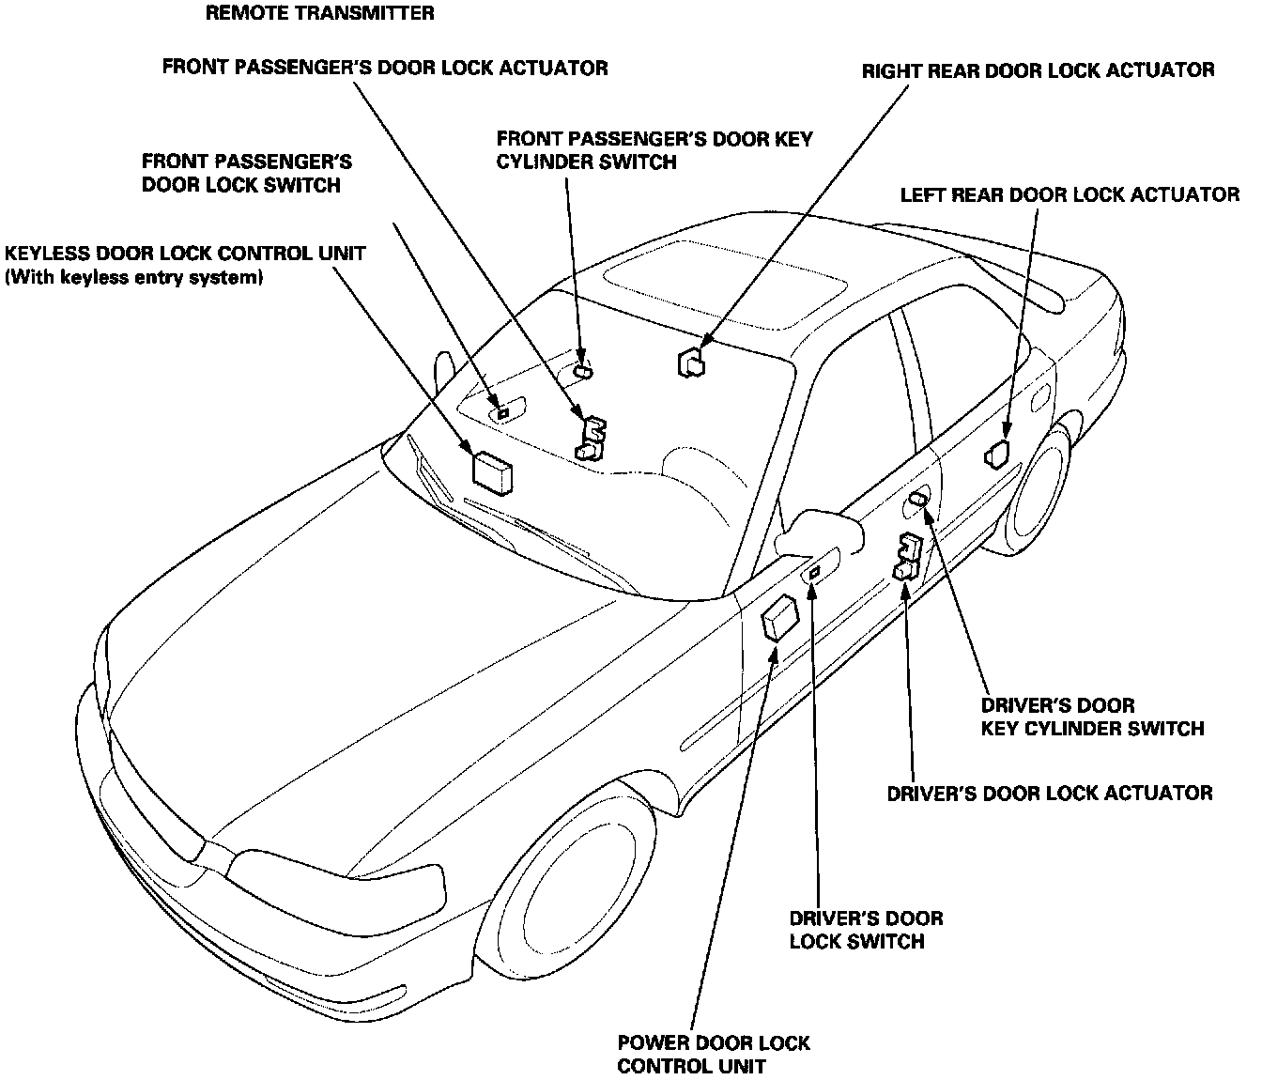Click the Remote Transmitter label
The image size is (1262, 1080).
(x=320, y=13)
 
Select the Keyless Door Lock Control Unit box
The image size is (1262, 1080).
(x=493, y=471)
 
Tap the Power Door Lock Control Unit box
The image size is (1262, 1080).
(x=780, y=621)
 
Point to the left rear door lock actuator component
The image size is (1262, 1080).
(x=997, y=454)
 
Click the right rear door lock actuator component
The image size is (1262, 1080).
(x=692, y=362)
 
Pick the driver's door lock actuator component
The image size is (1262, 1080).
(x=909, y=556)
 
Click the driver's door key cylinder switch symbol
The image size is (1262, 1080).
(x=917, y=499)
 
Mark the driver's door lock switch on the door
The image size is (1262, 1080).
(x=814, y=571)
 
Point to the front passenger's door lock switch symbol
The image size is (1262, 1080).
(x=502, y=411)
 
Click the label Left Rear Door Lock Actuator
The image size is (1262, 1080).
(x=1070, y=195)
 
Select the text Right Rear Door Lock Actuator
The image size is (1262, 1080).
(x=1039, y=70)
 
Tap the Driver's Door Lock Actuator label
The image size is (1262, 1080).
(x=1050, y=794)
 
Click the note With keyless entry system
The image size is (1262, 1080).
(x=134, y=278)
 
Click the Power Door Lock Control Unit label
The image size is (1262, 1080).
(x=714, y=1054)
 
